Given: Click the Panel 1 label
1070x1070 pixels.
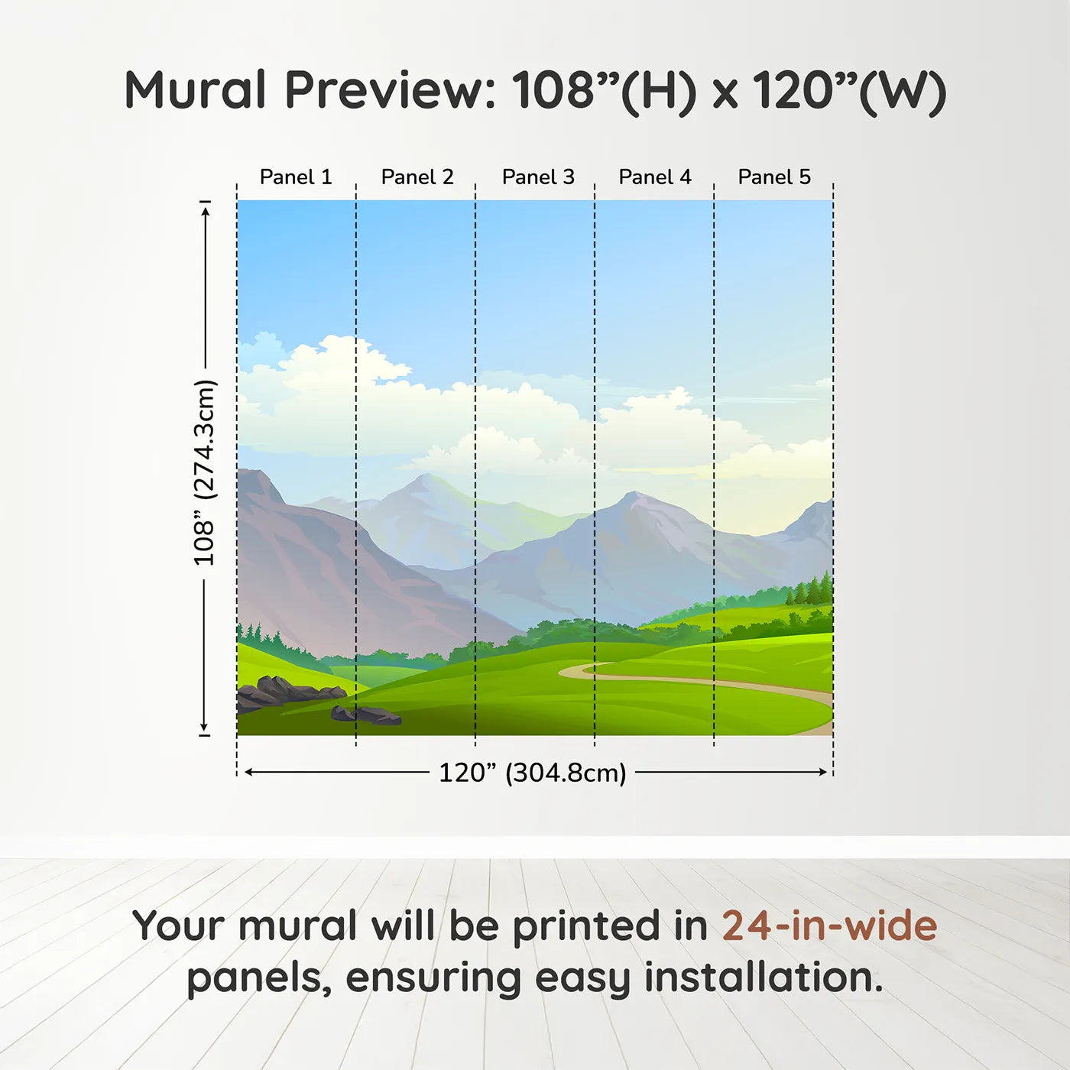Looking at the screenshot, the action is click(296, 177).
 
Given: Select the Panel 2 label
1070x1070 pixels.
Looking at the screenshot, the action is click(417, 177).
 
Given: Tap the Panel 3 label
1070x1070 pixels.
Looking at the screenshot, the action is click(538, 177).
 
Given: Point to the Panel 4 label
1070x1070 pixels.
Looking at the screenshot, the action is click(655, 177).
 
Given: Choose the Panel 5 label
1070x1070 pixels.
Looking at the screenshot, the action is click(774, 177).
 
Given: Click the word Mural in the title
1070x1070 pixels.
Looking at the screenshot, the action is click(196, 90).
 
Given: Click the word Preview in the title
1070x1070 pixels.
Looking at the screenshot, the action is click(389, 90).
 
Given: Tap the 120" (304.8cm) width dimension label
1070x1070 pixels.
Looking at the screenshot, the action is click(533, 773).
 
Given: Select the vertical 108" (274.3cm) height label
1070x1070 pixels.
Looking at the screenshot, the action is click(204, 472).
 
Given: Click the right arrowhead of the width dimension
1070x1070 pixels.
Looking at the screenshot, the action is click(823, 772).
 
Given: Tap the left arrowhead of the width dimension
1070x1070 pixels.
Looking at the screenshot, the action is click(249, 772).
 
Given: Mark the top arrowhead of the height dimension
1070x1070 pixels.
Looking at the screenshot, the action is click(206, 212).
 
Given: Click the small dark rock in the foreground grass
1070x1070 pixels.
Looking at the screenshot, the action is click(367, 715).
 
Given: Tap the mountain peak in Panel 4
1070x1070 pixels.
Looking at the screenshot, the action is click(633, 494).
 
